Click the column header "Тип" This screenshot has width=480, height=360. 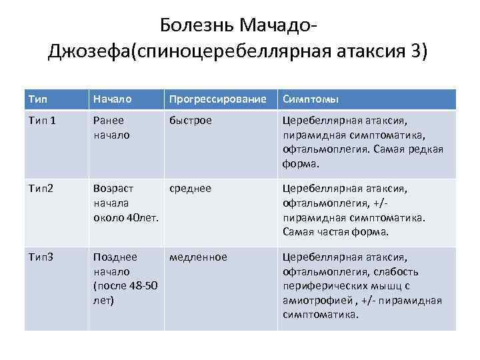pyautogui.click(x=37, y=99)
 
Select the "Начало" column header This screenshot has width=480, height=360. pyautogui.click(x=112, y=99)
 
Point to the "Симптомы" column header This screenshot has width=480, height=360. pyautogui.click(x=311, y=99)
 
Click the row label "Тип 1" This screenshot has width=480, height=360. pyautogui.click(x=42, y=121)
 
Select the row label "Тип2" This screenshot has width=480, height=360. pyautogui.click(x=40, y=189)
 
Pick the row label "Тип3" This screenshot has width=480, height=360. pyautogui.click(x=40, y=257)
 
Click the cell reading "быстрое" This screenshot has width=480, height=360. pyautogui.click(x=191, y=121)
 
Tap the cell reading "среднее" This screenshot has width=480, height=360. pyautogui.click(x=190, y=189)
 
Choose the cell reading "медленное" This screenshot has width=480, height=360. pyautogui.click(x=198, y=257)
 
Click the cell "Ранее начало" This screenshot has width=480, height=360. pyautogui.click(x=111, y=128)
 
